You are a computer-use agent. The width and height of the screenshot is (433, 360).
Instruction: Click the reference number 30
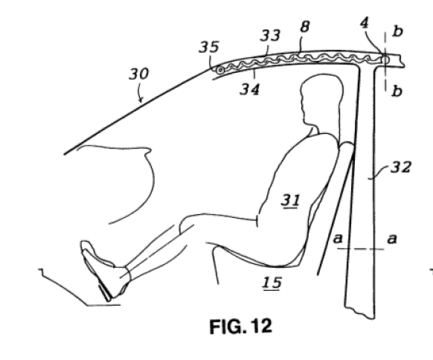[x=139, y=74]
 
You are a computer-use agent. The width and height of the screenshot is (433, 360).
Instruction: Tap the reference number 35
[x=209, y=47]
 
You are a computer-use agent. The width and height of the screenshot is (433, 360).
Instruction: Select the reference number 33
[x=270, y=36]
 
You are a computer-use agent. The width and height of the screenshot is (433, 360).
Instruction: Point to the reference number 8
[x=304, y=27]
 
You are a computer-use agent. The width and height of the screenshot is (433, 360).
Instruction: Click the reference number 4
[x=365, y=23]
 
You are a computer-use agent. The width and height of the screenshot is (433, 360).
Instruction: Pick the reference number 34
[x=250, y=89]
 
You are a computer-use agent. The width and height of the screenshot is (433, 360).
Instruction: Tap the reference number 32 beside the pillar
[x=401, y=167]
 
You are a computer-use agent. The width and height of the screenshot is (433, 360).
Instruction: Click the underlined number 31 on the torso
[x=290, y=200]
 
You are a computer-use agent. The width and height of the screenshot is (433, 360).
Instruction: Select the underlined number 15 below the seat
[x=272, y=283]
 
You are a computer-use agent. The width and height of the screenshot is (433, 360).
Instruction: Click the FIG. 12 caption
[x=241, y=326]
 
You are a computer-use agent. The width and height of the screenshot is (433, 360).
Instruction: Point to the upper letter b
[x=397, y=31]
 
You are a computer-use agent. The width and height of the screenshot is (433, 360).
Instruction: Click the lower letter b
[x=397, y=91]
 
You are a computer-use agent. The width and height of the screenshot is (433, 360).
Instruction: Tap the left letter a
[x=338, y=238]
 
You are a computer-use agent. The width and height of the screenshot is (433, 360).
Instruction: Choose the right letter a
[x=392, y=238]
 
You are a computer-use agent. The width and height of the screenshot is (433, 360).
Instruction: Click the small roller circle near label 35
[x=220, y=70]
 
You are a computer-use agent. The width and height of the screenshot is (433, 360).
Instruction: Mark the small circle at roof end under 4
[x=385, y=60]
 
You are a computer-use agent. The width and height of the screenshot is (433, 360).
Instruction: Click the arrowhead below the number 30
[x=141, y=100]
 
